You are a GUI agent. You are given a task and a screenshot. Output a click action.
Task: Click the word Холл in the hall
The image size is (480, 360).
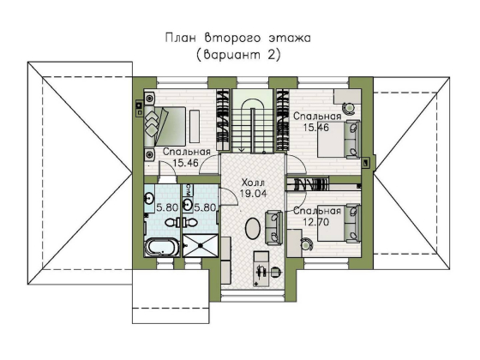point(253,183)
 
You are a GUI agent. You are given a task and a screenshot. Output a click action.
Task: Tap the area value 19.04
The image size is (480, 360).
point(254,194)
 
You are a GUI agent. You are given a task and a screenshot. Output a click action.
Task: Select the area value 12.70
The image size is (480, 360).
point(316,222)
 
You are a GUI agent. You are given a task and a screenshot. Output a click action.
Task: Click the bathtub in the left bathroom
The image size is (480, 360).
point(162,248)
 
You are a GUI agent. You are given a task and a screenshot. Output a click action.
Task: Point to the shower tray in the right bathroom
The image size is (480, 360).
point(201,245)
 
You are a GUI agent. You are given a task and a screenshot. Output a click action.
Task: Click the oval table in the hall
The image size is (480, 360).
point(253,228)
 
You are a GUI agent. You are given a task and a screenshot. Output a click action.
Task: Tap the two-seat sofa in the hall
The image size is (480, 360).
point(273,227)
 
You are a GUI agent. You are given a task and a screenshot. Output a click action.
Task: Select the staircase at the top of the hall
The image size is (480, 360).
point(253,121)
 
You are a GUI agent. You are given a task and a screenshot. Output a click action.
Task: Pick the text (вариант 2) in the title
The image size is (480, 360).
point(238,55)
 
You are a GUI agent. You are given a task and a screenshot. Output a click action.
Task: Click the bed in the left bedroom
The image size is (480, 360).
point(165,126)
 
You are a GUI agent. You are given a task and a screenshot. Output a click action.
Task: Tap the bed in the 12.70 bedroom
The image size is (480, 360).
point(339,224)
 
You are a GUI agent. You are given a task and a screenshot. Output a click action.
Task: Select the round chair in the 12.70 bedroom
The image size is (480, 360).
point(306,243)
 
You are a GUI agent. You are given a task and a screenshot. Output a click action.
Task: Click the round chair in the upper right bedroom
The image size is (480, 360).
point(348,108)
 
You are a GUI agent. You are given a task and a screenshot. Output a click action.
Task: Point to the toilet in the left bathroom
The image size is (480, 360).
point(171,223)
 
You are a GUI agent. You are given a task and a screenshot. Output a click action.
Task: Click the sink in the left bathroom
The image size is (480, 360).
point(149,198)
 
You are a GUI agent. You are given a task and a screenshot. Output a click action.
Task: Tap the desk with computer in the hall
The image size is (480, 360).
point(261,269)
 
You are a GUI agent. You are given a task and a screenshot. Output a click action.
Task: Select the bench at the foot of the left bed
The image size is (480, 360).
point(195,126)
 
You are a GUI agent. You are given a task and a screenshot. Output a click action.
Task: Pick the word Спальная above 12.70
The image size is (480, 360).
point(317,211)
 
